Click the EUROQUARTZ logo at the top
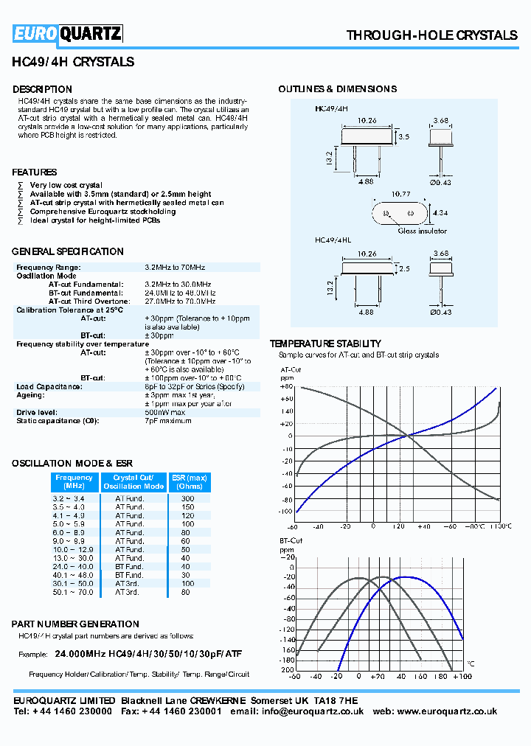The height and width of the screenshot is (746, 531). coord(68,33)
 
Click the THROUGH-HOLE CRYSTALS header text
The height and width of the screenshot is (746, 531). coord(431,35)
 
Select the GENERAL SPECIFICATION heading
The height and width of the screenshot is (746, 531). coord(68,251)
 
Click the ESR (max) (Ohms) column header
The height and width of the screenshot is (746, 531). coord(190,482)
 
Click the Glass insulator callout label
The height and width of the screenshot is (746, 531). coord(423,231)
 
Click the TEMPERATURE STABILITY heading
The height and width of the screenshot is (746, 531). coord(325,344)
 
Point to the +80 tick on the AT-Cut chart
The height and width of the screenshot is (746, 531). coord(286,387)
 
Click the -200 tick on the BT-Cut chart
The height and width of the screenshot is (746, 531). coord(286,669)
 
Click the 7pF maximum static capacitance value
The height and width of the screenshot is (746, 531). coord(168,421)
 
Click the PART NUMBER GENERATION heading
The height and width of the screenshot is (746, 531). coord(75,624)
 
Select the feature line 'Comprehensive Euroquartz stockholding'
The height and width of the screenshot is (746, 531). coord(103,212)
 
